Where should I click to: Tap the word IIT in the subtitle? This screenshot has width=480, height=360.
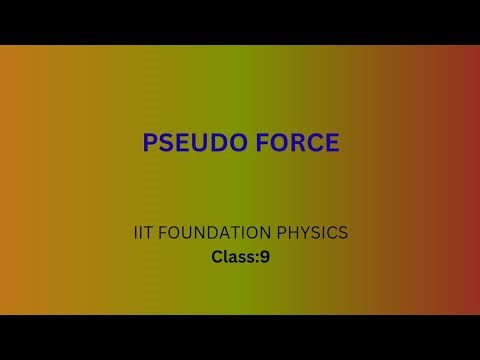point(143,233)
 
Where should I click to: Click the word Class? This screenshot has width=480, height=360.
point(233,257)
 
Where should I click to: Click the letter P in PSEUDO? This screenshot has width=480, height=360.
point(149,142)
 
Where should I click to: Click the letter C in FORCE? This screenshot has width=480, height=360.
point(313,142)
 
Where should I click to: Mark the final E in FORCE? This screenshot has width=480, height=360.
point(331,142)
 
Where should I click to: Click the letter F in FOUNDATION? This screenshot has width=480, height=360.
point(165,233)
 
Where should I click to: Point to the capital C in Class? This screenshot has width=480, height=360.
point(217,257)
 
